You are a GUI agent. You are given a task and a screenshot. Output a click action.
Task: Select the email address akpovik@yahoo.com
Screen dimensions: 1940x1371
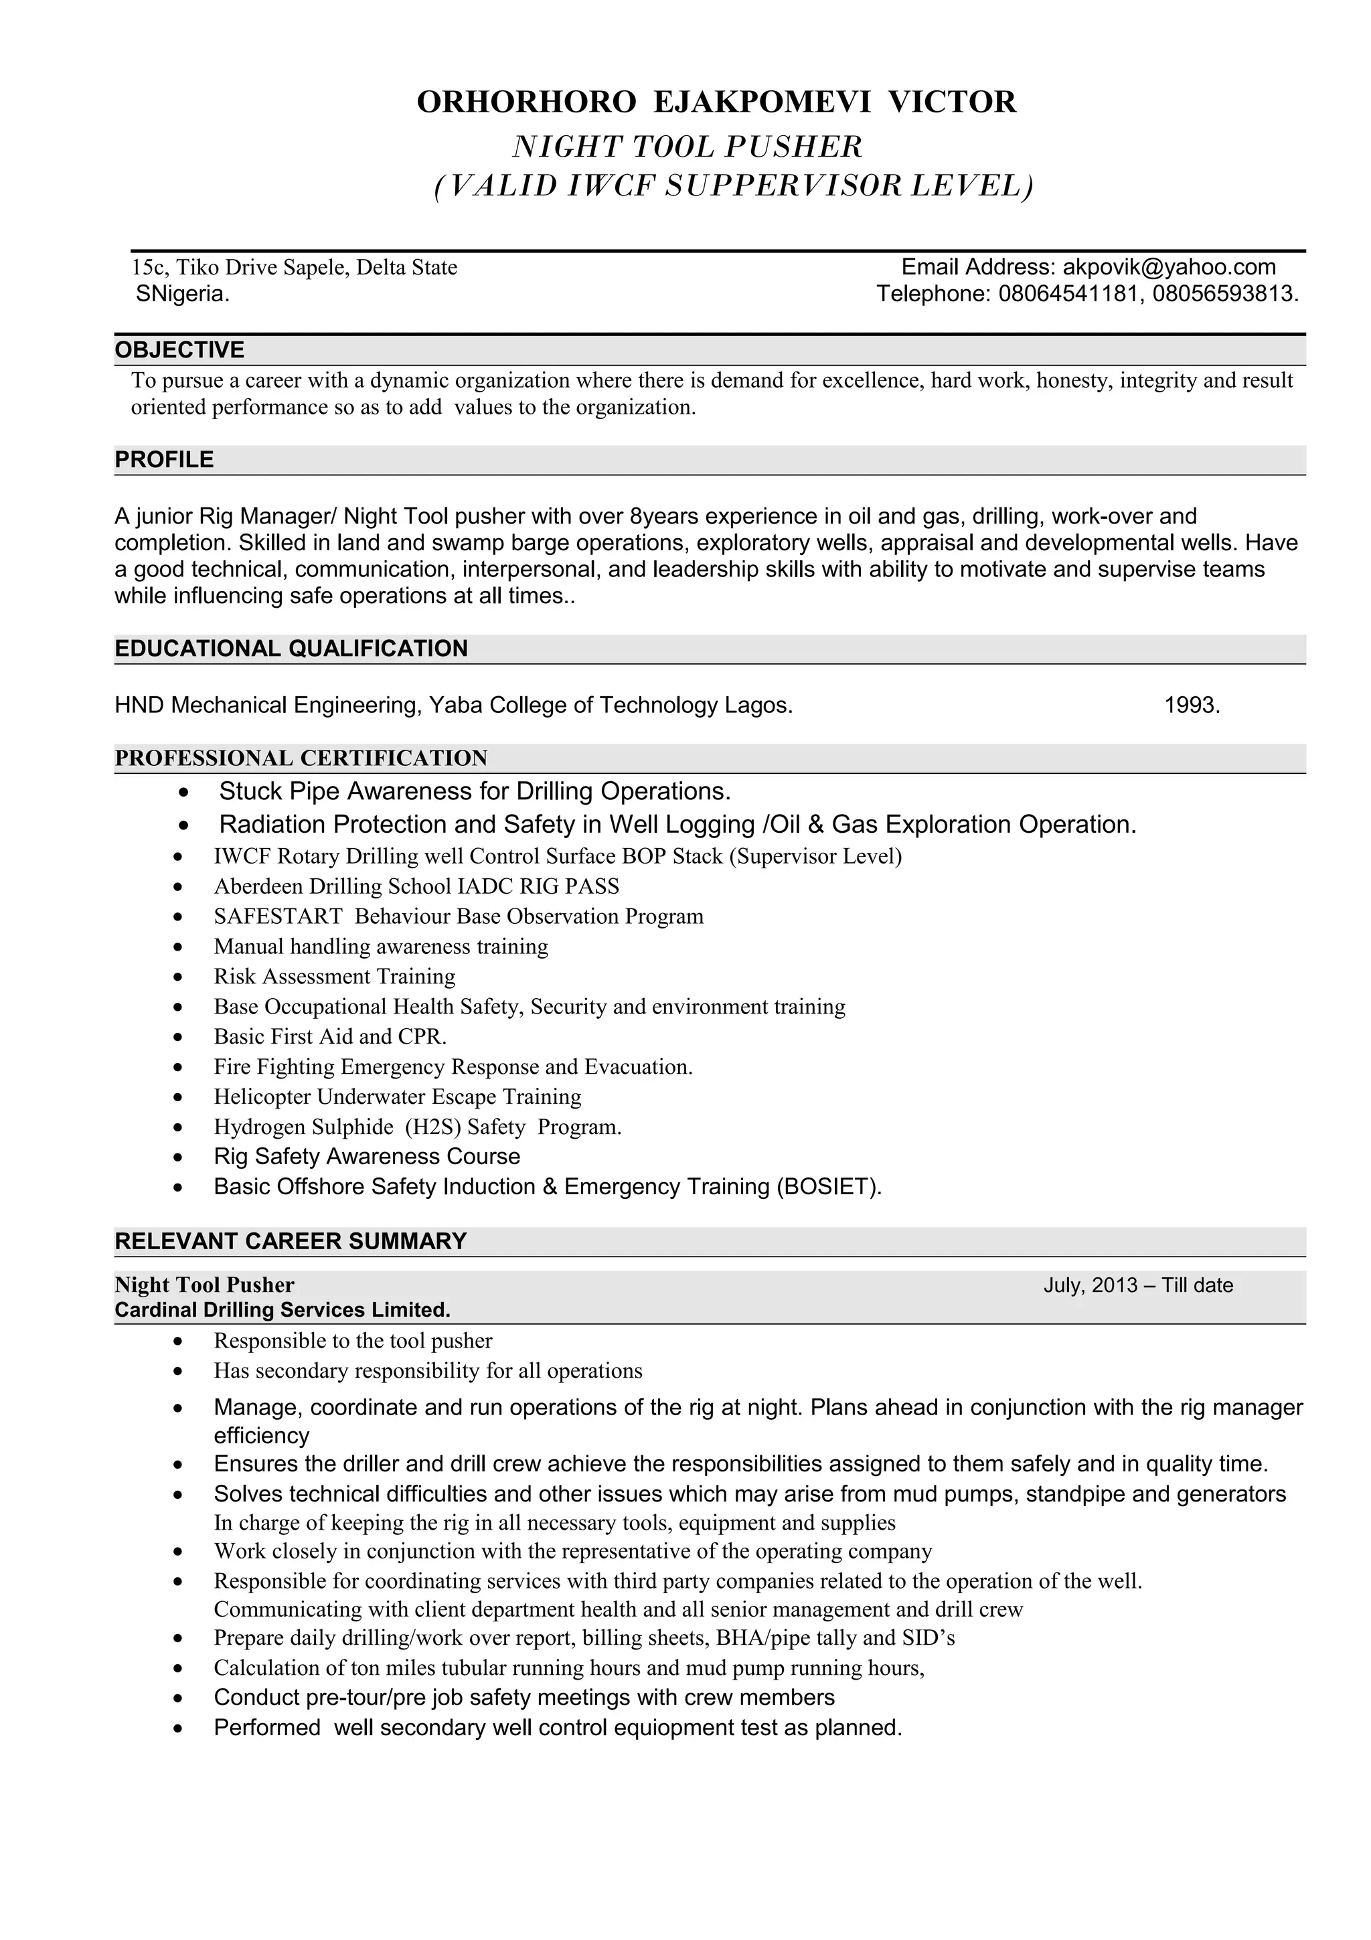pyautogui.click(x=1168, y=267)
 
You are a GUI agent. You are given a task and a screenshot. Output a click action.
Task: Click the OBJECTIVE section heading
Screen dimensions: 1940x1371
pyautogui.click(x=179, y=350)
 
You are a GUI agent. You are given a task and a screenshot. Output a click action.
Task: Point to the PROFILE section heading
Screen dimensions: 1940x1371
pyautogui.click(x=164, y=460)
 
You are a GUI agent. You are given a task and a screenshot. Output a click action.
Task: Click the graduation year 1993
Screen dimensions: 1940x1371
pyautogui.click(x=1191, y=705)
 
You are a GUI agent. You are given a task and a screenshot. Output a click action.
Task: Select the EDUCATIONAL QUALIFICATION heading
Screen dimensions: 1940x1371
pyautogui.click(x=291, y=648)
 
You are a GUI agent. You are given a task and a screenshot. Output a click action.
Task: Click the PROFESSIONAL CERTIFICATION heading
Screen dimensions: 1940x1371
pyautogui.click(x=301, y=758)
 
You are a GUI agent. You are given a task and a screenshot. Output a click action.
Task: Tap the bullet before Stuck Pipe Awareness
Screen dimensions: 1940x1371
pyautogui.click(x=184, y=793)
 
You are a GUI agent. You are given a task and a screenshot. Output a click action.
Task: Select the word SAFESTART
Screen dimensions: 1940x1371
pyautogui.click(x=278, y=916)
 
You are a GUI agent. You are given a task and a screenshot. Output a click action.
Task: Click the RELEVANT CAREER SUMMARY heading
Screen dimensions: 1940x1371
pyautogui.click(x=291, y=1240)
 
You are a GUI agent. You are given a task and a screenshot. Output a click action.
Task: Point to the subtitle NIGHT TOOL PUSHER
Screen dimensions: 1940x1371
pyautogui.click(x=687, y=147)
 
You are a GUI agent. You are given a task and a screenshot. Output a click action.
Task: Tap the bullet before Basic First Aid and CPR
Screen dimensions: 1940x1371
pyautogui.click(x=177, y=1038)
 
